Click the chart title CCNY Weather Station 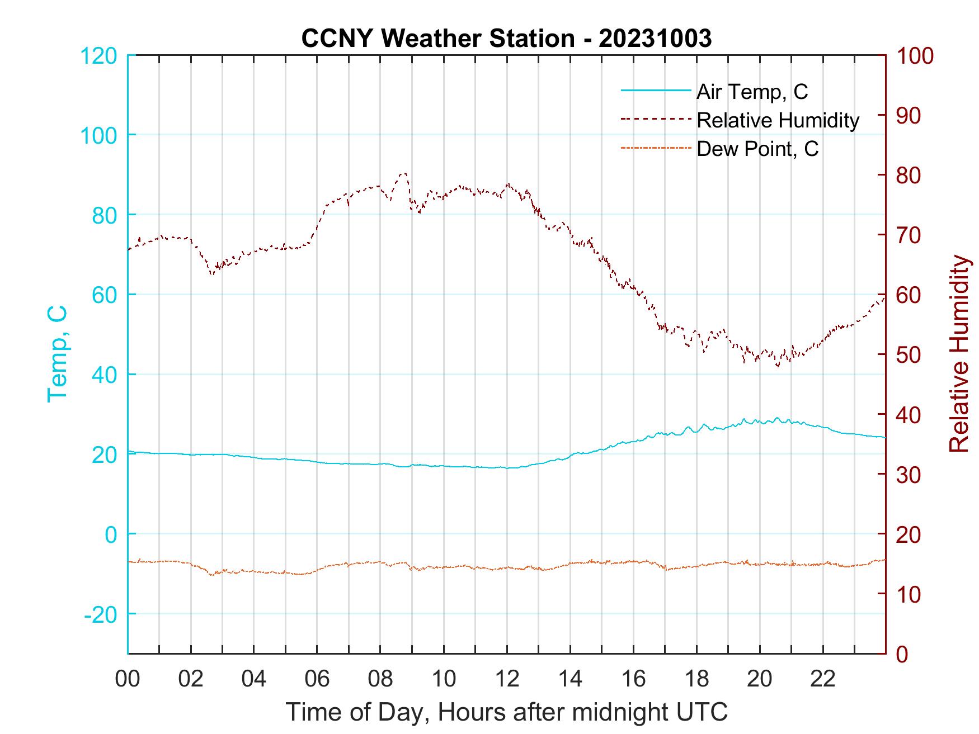tap(437, 39)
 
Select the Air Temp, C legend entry tap(752, 91)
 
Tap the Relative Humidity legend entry tap(778, 120)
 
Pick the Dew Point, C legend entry tap(757, 149)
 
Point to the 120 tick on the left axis tap(98, 56)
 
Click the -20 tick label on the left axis tap(100, 614)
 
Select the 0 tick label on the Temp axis tap(112, 534)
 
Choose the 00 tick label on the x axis tap(128, 679)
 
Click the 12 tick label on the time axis tap(507, 679)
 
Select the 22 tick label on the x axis tap(823, 679)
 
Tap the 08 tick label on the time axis tap(380, 679)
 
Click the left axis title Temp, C tap(58, 354)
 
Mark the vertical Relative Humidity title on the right tap(959, 354)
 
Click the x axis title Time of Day tap(507, 712)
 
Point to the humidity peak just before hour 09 tap(403, 173)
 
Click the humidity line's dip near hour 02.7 tap(212, 273)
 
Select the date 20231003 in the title tap(655, 39)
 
